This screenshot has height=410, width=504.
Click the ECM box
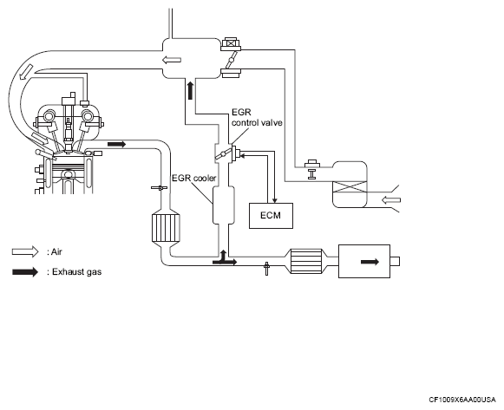point(271,216)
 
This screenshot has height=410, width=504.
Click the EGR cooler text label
point(193,178)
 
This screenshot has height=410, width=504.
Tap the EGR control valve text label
point(257,118)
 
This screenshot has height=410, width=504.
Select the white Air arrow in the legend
point(25,251)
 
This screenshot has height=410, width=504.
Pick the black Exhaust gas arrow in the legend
point(25,272)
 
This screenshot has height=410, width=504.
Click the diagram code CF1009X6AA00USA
point(462,400)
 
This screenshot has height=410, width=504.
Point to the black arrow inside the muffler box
point(370,262)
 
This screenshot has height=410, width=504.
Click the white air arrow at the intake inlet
point(391,200)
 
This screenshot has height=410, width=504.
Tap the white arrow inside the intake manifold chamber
point(172,60)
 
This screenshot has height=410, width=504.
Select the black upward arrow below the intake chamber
point(190,90)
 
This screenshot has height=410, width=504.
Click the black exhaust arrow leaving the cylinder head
point(116,144)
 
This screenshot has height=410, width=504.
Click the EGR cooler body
point(224,205)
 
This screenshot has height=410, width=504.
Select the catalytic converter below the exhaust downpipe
point(166,228)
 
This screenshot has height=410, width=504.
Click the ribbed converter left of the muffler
point(306,261)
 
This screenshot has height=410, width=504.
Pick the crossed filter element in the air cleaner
point(350,187)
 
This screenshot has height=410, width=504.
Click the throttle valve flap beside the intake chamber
point(231,60)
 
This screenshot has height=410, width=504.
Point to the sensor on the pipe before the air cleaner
point(312,168)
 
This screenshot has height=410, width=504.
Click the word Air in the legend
point(56,251)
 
